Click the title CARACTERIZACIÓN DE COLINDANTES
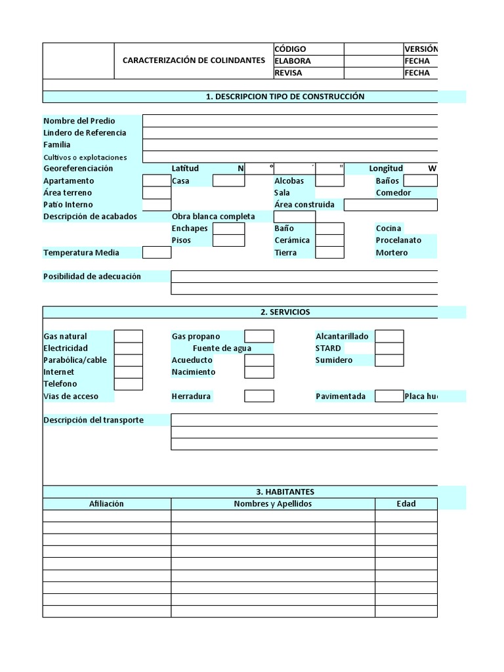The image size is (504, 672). pyautogui.click(x=194, y=60)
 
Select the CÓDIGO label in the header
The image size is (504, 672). pyautogui.click(x=290, y=49)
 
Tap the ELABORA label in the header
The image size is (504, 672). pyautogui.click(x=293, y=61)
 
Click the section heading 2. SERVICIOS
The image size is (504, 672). pyautogui.click(x=285, y=312)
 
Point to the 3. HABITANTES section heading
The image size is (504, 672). pyautogui.click(x=285, y=492)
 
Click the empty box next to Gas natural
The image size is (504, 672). pyautogui.click(x=129, y=337)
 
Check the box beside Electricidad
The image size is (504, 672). pyautogui.click(x=129, y=348)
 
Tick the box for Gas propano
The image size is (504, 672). pyautogui.click(x=259, y=337)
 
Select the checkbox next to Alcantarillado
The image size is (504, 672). pyautogui.click(x=389, y=337)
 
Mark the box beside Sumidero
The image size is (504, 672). pyautogui.click(x=389, y=360)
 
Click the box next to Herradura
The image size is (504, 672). pyautogui.click(x=259, y=396)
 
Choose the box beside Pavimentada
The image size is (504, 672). pyautogui.click(x=389, y=396)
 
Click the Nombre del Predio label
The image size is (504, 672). pyautogui.click(x=79, y=121)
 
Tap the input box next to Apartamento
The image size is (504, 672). pyautogui.click(x=157, y=181)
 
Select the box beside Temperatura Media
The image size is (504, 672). pyautogui.click(x=157, y=253)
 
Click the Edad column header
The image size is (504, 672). pyautogui.click(x=406, y=504)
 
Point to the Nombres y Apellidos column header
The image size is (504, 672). pyautogui.click(x=273, y=504)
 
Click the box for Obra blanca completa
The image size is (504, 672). pyautogui.click(x=294, y=217)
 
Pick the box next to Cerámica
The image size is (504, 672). pyautogui.click(x=330, y=241)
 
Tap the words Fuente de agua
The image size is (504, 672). pyautogui.click(x=222, y=348)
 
